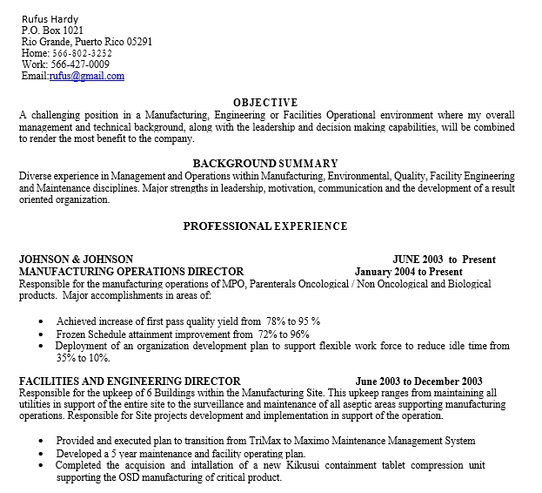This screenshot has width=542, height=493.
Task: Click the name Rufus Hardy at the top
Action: (50, 18)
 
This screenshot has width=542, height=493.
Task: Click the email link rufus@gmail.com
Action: (86, 76)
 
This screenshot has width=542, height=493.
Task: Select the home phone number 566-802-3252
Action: (81, 53)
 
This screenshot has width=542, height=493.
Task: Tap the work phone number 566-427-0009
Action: (80, 64)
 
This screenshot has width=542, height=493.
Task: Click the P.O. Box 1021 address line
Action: (52, 30)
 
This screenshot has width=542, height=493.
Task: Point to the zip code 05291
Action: (139, 41)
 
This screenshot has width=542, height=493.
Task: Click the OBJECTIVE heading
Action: (265, 102)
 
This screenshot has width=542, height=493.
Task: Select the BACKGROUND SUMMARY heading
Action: (265, 164)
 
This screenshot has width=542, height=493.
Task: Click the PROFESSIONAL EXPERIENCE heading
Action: (265, 226)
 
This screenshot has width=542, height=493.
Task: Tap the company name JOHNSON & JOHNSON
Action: (76, 260)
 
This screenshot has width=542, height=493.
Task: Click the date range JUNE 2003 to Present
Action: (444, 260)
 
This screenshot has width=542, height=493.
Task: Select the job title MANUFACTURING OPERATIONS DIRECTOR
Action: (131, 272)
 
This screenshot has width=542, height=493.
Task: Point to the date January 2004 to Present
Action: (409, 272)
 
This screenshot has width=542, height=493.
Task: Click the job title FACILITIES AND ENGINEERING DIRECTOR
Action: (130, 382)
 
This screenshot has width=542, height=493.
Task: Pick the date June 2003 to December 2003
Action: (418, 382)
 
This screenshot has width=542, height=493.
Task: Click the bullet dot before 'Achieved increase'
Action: (42, 321)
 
